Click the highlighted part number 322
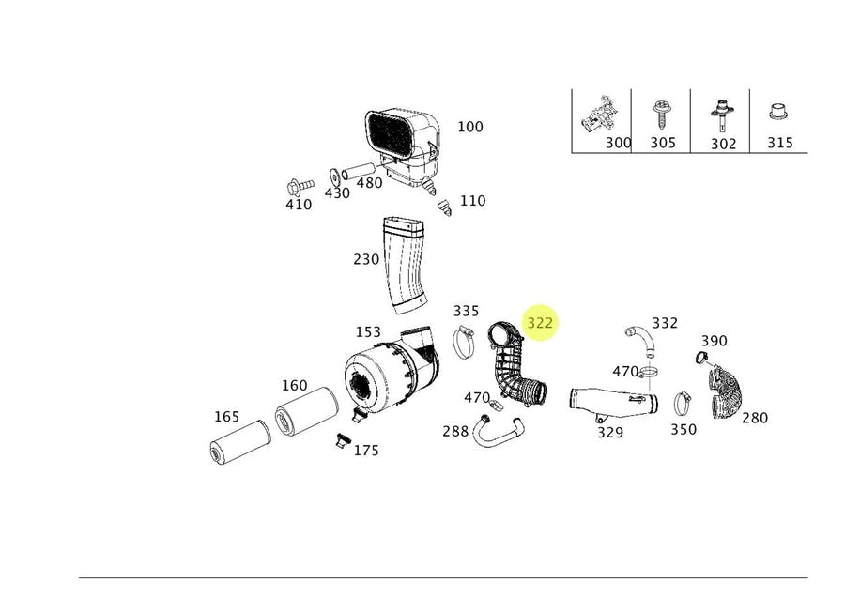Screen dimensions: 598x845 tap(541, 323)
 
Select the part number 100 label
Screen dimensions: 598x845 tap(469, 127)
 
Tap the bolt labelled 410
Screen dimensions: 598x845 tap(294, 183)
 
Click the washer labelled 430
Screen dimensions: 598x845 tap(333, 175)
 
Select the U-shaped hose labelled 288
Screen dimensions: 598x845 tap(498, 431)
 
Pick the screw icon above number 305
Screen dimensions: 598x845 tap(660, 115)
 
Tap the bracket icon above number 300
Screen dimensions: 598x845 tap(599, 115)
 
